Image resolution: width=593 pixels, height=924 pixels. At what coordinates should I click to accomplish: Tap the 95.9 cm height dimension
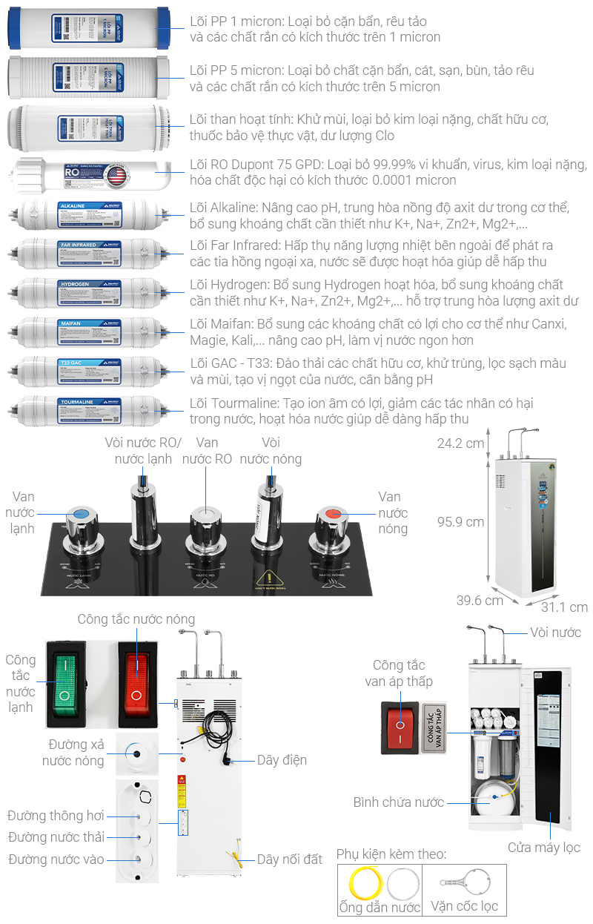pyautogui.click(x=460, y=521)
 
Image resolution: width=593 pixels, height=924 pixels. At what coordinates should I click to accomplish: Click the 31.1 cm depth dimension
pyautogui.click(x=564, y=607)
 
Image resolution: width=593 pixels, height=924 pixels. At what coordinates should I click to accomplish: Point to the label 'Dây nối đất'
pyautogui.click(x=290, y=859)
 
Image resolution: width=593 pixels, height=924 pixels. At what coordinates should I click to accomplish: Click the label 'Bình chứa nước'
pyautogui.click(x=399, y=802)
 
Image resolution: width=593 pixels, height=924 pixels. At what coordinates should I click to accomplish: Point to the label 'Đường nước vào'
pyautogui.click(x=56, y=859)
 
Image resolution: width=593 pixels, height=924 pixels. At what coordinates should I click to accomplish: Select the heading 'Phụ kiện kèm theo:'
pyautogui.click(x=391, y=854)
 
